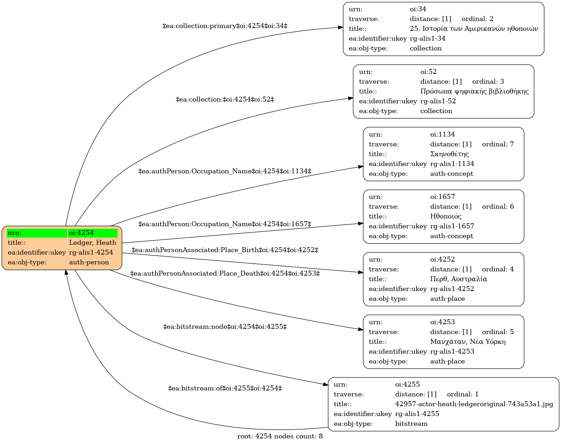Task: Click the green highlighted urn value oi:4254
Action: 81,233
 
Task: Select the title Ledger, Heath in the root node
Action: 93,242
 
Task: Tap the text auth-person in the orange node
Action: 89,262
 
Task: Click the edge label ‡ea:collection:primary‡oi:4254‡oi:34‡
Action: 225,26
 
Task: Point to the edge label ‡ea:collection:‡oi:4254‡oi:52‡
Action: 225,99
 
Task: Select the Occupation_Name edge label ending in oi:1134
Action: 225,171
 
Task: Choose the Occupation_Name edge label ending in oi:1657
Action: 225,224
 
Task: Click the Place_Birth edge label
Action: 225,250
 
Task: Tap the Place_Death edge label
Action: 225,273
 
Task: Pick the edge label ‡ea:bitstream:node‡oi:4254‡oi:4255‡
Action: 225,327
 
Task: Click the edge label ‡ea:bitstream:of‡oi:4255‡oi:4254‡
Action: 225,388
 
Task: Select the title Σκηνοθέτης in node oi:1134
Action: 450,154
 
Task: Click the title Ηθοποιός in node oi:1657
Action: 446,216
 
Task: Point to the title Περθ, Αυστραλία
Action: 459,279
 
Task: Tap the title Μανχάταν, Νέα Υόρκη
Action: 468,341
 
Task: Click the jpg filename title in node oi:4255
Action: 474,404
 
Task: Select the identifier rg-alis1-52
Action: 438,101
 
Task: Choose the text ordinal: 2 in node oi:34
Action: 478,19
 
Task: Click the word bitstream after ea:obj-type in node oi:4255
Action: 411,424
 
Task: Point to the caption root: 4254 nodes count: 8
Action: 280,436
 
